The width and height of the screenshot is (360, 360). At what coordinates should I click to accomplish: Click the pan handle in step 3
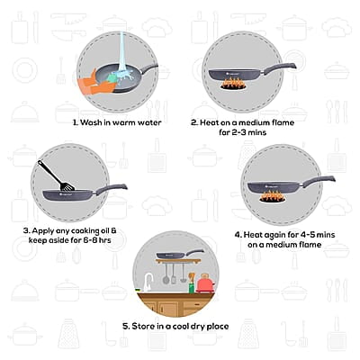(x=112, y=190)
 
